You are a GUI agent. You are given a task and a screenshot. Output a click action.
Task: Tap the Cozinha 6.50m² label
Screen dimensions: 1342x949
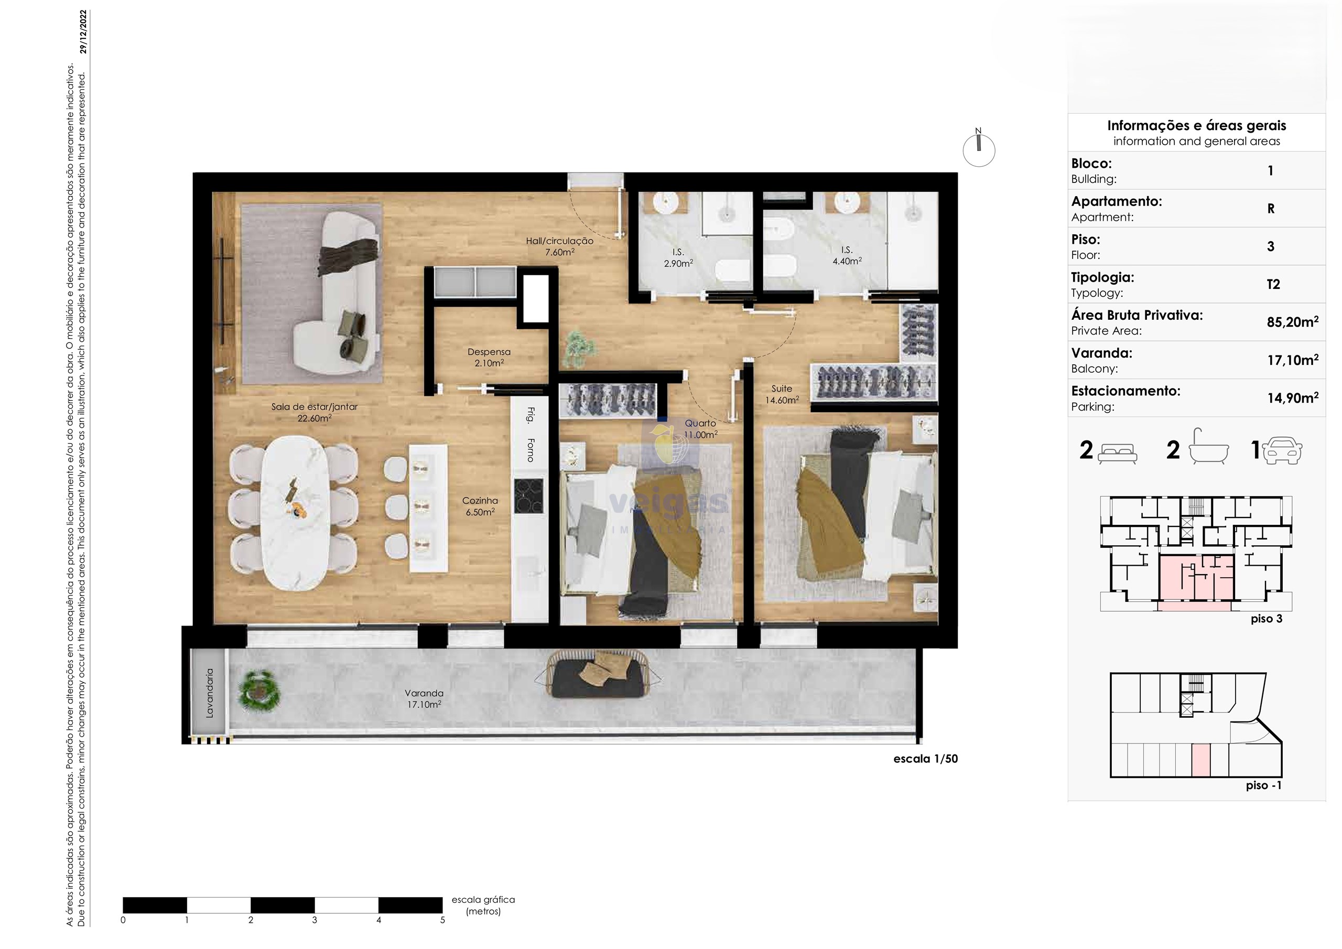tap(480, 506)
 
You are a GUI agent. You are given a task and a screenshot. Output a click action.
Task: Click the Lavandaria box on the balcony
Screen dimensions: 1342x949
tap(209, 693)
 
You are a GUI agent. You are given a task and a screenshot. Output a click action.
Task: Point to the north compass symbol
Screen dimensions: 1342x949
tap(978, 148)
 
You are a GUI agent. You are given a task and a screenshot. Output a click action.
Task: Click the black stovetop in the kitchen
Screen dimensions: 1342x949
tap(528, 496)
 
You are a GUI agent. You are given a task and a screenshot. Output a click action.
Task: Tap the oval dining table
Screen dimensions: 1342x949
tap(294, 513)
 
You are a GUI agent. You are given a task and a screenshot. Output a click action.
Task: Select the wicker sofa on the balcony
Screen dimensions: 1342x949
tap(599, 674)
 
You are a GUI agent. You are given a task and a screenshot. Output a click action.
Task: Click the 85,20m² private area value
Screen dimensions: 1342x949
tap(1292, 321)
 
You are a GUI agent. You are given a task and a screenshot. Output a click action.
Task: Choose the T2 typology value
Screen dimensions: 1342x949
tap(1273, 284)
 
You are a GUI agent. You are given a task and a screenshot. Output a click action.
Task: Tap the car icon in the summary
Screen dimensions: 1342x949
tap(1282, 450)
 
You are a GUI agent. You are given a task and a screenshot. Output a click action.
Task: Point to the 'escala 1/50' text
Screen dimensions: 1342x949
tap(926, 759)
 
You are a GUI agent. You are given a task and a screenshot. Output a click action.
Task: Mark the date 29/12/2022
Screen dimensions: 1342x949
tap(83, 31)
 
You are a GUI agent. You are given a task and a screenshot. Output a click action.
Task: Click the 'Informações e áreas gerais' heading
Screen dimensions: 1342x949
tap(1196, 126)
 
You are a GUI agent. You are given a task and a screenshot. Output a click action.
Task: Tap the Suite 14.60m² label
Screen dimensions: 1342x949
tap(782, 394)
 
